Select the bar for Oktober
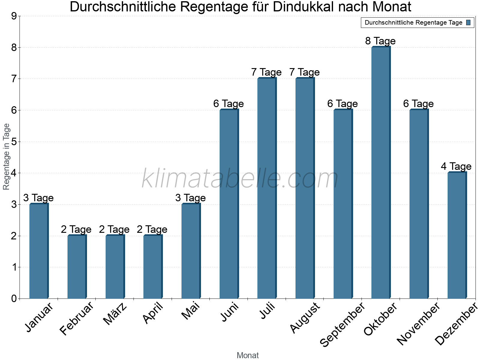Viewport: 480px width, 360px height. (380, 172)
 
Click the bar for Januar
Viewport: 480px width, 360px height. (39, 251)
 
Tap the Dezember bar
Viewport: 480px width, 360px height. (457, 235)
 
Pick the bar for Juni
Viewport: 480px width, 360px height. (229, 204)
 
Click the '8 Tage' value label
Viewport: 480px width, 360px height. (380, 41)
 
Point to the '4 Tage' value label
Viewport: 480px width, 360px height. (456, 166)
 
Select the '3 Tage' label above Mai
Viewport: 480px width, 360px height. (190, 198)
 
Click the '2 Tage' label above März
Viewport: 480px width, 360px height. (114, 229)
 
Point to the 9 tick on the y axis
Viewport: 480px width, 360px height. (13, 16)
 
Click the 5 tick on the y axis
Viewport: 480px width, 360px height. (13, 142)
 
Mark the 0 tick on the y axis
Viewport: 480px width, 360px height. (13, 298)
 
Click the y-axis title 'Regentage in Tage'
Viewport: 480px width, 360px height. (6, 157)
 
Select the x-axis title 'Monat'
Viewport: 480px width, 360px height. (247, 355)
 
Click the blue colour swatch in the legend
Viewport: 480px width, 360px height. (468, 22)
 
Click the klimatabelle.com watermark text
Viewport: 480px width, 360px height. (240, 179)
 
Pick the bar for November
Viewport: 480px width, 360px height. (418, 204)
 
